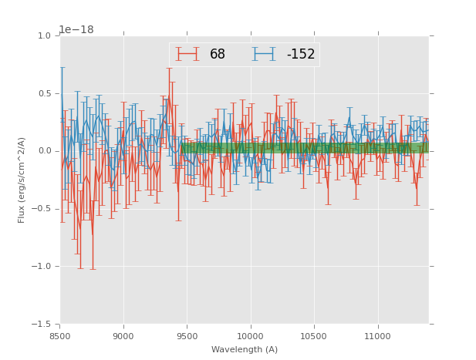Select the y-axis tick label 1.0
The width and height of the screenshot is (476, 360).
44,36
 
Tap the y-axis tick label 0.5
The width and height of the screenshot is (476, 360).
44,94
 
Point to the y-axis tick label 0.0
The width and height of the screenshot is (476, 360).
44,151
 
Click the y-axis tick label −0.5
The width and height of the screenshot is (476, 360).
42,209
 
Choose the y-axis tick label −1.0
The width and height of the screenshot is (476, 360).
42,267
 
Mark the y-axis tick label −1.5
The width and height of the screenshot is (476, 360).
42,325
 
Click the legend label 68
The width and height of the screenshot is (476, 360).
218,55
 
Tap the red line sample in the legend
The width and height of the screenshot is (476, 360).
187,54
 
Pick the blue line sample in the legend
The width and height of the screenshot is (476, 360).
264,54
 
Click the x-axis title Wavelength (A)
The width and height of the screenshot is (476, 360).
245,349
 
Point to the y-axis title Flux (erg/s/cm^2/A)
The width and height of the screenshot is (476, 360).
22,180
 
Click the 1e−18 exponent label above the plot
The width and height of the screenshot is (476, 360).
76,29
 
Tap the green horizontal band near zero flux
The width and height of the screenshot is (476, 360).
309,147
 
